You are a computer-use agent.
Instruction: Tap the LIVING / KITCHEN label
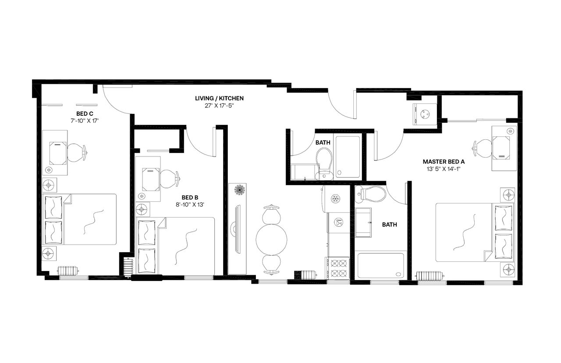click(219, 98)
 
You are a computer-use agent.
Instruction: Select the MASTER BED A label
click(444, 161)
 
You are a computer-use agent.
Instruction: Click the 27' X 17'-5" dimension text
click(219, 105)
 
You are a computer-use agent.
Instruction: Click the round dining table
click(271, 239)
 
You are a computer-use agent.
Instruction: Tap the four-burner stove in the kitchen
click(337, 268)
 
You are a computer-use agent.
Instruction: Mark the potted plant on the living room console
click(239, 190)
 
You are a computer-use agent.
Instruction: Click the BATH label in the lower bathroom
click(389, 224)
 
